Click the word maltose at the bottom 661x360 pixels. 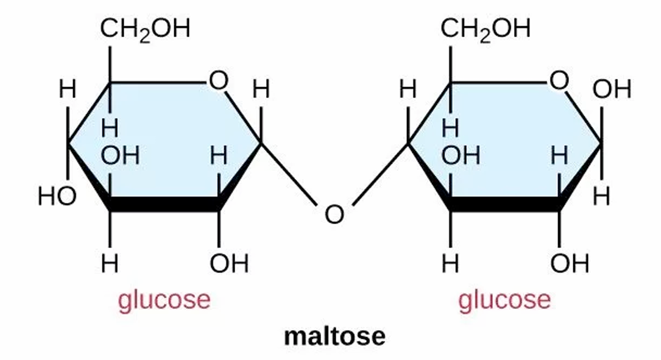(x=334, y=336)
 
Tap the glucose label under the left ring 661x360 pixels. (x=164, y=300)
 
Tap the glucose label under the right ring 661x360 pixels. (x=504, y=300)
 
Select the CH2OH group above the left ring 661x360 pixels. (x=145, y=29)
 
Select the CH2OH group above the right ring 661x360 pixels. (x=486, y=29)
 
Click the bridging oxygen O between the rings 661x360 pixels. (x=334, y=214)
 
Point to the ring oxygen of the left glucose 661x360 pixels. (x=218, y=80)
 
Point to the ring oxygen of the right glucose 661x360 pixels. (x=558, y=80)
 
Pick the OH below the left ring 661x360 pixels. (x=229, y=264)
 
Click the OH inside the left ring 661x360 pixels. (x=120, y=156)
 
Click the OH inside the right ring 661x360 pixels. (x=461, y=156)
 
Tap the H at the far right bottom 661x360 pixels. (x=602, y=196)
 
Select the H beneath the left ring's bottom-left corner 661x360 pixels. (x=110, y=264)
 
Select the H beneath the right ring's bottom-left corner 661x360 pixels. (x=450, y=264)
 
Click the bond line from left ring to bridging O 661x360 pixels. (x=290, y=174)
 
